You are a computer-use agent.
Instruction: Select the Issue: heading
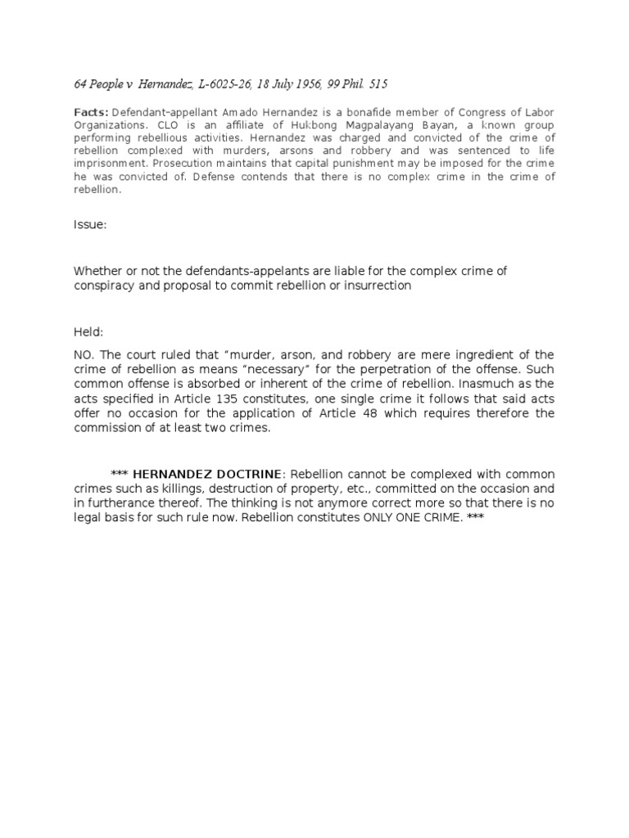90,225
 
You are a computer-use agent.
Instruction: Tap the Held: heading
89,332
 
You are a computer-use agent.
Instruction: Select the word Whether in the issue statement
97,271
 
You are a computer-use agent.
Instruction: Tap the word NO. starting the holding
85,354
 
